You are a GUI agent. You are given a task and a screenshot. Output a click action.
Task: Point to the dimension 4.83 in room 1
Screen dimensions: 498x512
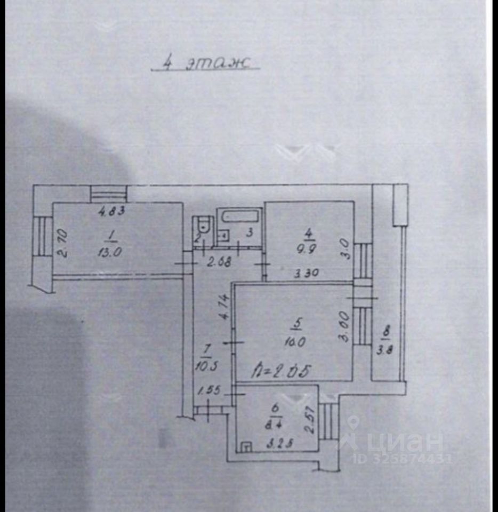[x=112, y=211]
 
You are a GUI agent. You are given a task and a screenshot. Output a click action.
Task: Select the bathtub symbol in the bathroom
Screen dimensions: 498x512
[x=239, y=217]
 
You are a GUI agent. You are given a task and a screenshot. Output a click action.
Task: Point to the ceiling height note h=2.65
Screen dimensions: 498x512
[x=282, y=371]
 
